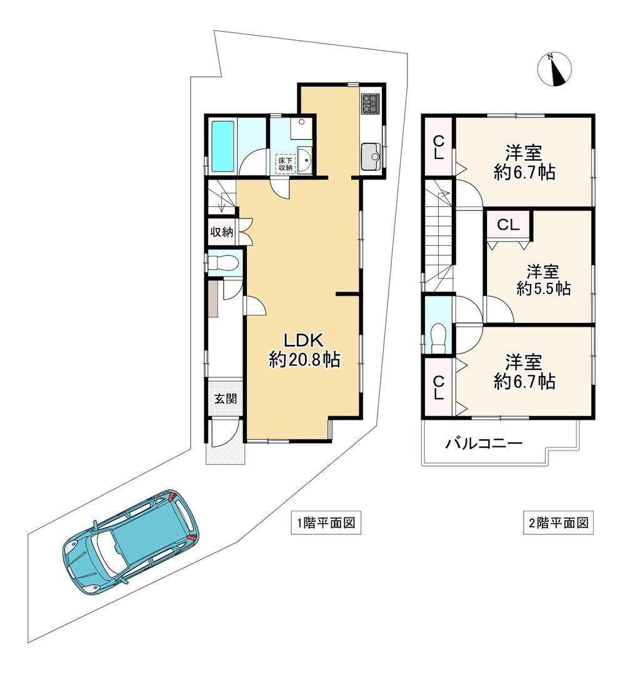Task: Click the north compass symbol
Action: [x=554, y=69]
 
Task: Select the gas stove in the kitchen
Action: [x=371, y=104]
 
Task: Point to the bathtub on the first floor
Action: [x=223, y=146]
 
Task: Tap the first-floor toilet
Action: [x=222, y=262]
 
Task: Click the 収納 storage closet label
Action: [x=221, y=232]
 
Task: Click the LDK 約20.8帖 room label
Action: [x=304, y=350]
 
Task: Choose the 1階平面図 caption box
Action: [x=326, y=523]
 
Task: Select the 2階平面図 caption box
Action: [x=558, y=523]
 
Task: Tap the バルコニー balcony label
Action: [x=483, y=442]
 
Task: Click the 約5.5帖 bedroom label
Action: [x=544, y=288]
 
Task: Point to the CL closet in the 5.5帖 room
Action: [x=509, y=225]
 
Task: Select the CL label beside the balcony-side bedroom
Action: [x=438, y=388]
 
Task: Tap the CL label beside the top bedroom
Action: [x=438, y=147]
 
